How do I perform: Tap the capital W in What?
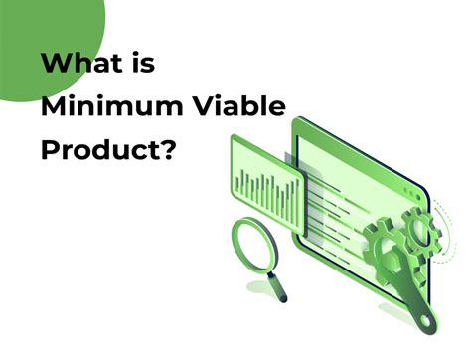pos(56,63)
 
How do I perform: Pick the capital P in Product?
pos(49,150)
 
